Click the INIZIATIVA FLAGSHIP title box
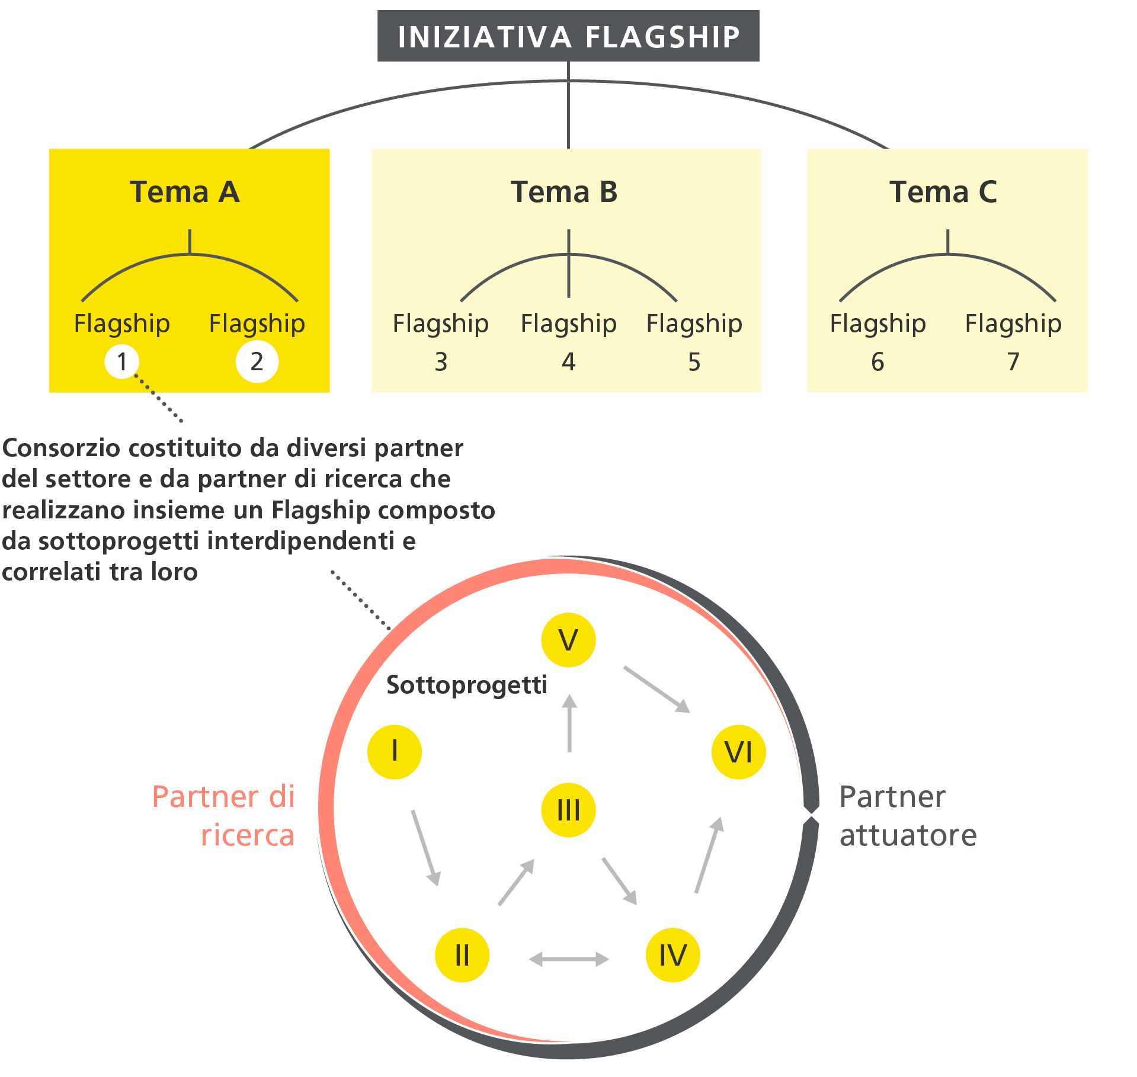[568, 36]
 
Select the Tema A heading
[185, 192]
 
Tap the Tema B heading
[564, 192]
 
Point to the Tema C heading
[943, 192]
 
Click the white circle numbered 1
[122, 361]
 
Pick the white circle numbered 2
[257, 361]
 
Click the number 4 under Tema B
[568, 362]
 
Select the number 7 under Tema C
[1013, 362]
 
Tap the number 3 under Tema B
[441, 362]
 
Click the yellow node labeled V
[568, 640]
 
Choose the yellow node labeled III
[568, 810]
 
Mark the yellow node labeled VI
[738, 752]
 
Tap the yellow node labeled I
[395, 752]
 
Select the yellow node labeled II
[462, 955]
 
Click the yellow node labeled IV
[672, 955]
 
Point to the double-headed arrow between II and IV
[568, 959]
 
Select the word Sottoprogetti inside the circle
[467, 685]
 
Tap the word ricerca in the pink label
[248, 835]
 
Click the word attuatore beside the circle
[908, 835]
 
